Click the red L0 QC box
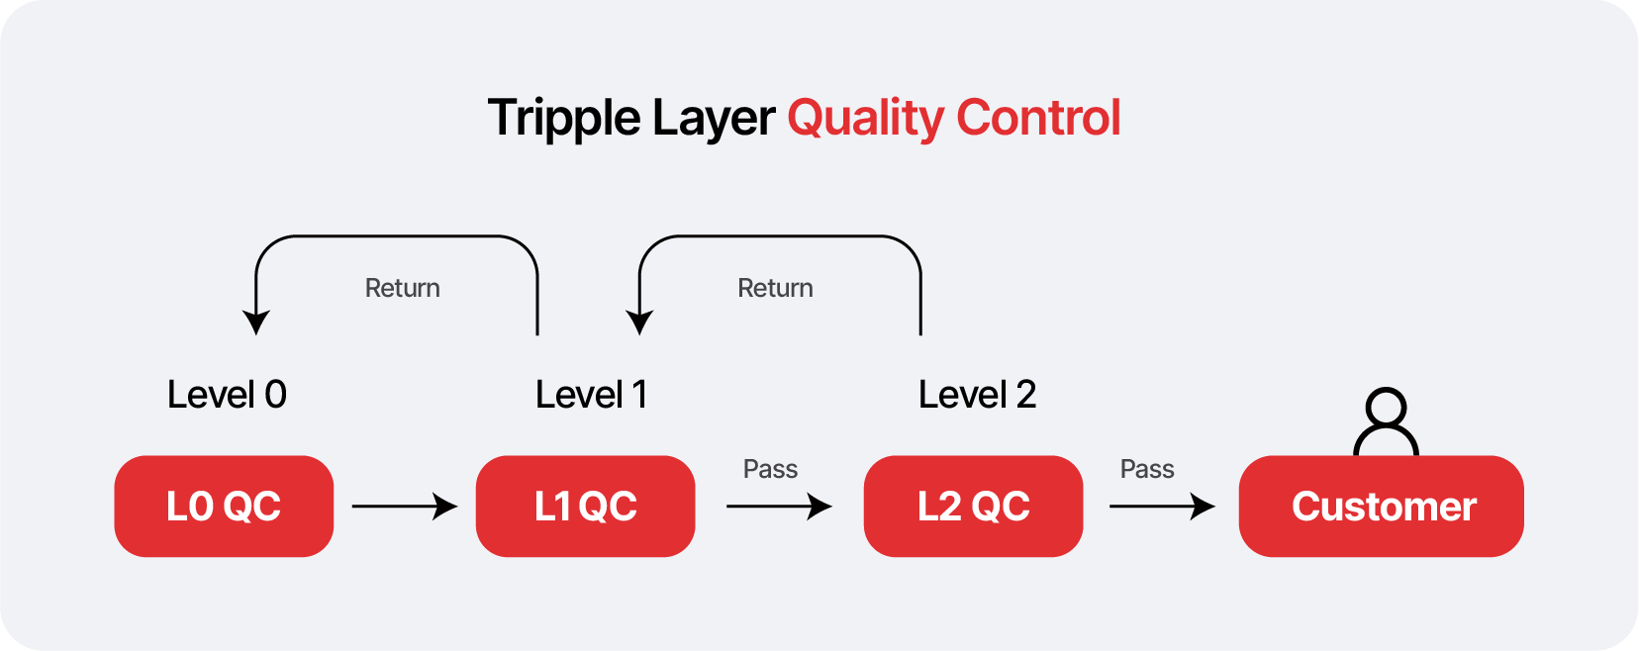pos(224,507)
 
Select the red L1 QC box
pos(585,507)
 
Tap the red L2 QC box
pos(973,507)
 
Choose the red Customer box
pos(1381,507)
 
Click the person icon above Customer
pos(1386,420)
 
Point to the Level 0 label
pos(227,395)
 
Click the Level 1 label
pos(591,395)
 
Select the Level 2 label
pos(977,395)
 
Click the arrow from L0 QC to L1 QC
pos(404,507)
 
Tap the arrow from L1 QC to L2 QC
pos(779,507)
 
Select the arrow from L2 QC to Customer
pos(1161,507)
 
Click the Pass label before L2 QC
pos(770,469)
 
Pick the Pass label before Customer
pos(1147,469)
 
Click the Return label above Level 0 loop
pos(402,288)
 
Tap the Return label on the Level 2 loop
pos(775,288)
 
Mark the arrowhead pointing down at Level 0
pos(256,323)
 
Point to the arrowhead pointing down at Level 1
pos(639,323)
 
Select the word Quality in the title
pos(866,119)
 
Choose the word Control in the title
pos(1038,118)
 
